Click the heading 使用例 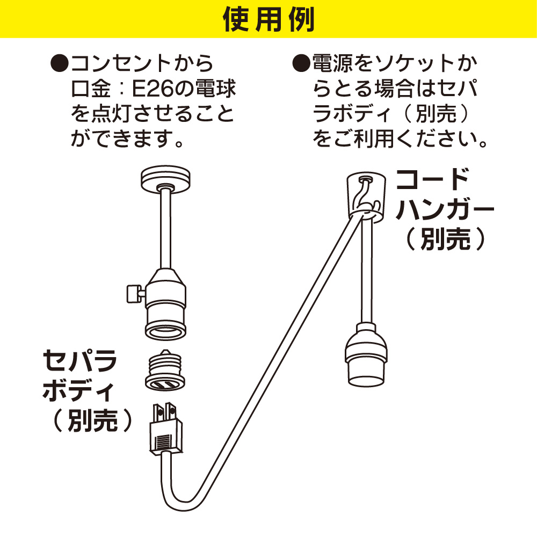268,19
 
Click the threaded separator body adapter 165,370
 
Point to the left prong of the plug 158,412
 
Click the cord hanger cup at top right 366,197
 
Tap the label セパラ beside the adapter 79,360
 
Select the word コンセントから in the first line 142,63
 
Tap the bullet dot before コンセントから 60,63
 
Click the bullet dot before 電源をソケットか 301,63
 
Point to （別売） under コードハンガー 445,238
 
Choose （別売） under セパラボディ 92,420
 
